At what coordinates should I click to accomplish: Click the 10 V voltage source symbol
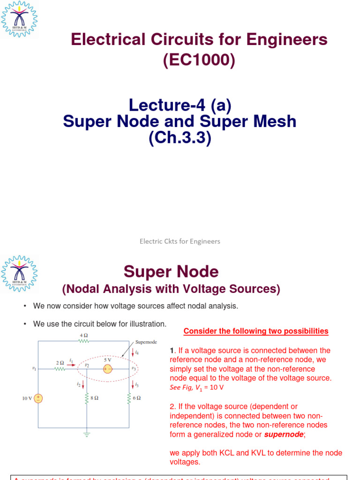click(x=38, y=398)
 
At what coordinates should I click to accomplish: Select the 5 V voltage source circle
click(x=107, y=369)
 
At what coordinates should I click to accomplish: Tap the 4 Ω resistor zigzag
click(x=84, y=341)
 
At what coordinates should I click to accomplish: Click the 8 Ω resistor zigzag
click(x=86, y=398)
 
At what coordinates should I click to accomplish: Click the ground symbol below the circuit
click(x=86, y=434)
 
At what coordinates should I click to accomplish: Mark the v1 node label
click(x=34, y=369)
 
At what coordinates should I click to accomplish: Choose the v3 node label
click(x=134, y=369)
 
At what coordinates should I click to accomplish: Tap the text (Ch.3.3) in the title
click(x=180, y=139)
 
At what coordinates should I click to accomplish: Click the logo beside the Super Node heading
click(x=19, y=274)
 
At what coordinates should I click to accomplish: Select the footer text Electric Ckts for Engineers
click(x=180, y=241)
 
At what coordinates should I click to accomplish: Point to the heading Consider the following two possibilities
click(x=256, y=331)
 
